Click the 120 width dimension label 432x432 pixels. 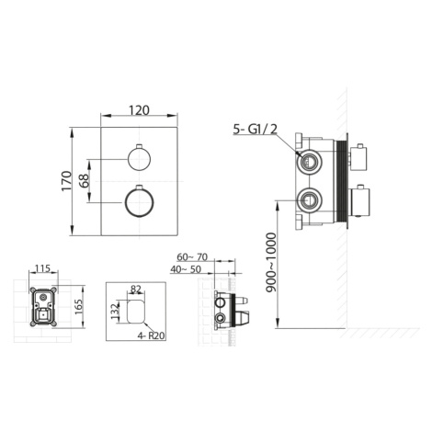point(139,110)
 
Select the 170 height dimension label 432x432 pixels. point(66,181)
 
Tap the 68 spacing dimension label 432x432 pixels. point(84,181)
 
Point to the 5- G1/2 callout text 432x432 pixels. point(255,130)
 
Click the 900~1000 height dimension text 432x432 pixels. point(271,263)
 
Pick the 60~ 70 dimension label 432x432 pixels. point(192,257)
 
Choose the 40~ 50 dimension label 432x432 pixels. point(186,269)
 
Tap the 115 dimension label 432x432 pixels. point(42,268)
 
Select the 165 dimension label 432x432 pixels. point(79,306)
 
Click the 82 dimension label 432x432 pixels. point(136,289)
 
